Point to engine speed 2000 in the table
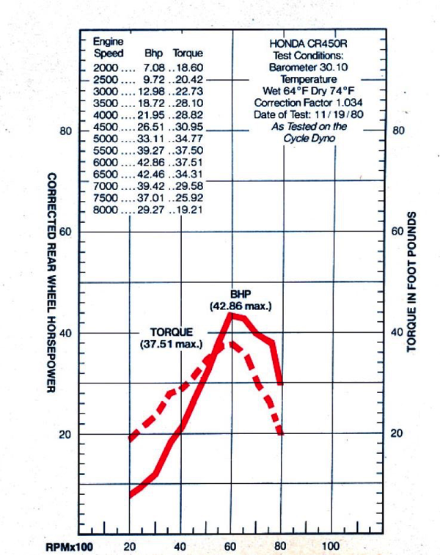[x=105, y=67]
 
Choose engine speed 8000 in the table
[x=105, y=210]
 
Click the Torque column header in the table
[x=188, y=54]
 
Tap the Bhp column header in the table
[x=153, y=54]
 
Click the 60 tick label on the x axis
[x=231, y=546]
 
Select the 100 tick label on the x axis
[x=331, y=546]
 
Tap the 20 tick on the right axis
[x=397, y=433]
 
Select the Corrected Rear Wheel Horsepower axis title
[x=52, y=282]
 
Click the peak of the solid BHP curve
[x=231, y=314]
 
